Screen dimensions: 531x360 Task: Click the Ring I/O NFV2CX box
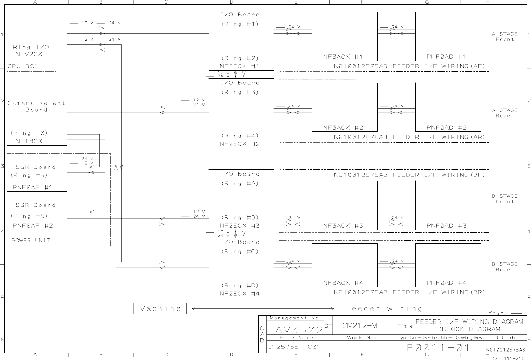(x=37, y=37)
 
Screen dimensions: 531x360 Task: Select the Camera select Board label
(x=37, y=106)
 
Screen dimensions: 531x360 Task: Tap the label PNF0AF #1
(x=33, y=187)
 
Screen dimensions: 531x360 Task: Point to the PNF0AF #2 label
(x=33, y=225)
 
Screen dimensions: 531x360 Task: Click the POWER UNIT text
(x=31, y=240)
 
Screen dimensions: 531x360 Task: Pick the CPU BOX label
(x=23, y=66)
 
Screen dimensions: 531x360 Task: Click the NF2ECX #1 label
(x=239, y=66)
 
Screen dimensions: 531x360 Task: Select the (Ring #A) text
(x=240, y=183)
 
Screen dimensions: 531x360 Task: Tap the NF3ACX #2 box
(x=344, y=107)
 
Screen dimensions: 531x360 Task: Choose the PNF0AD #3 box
(x=448, y=205)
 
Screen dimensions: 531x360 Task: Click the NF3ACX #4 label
(x=343, y=283)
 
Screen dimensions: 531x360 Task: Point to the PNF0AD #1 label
(x=446, y=57)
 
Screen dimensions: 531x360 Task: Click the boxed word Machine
(x=160, y=308)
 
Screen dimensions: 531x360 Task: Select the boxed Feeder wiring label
(x=383, y=308)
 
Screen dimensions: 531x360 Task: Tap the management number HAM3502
(x=295, y=330)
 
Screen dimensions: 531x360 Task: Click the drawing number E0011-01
(x=438, y=347)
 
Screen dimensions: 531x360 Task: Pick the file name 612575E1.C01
(x=294, y=347)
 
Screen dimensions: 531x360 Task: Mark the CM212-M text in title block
(x=360, y=325)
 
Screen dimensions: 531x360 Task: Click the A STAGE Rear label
(x=505, y=113)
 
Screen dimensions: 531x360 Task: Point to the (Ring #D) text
(x=240, y=286)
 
